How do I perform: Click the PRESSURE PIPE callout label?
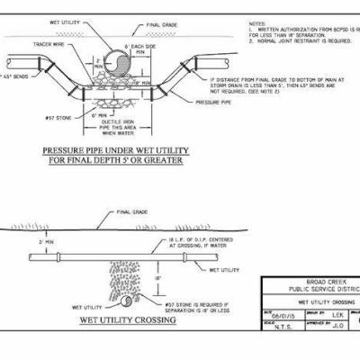tap(215, 103)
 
